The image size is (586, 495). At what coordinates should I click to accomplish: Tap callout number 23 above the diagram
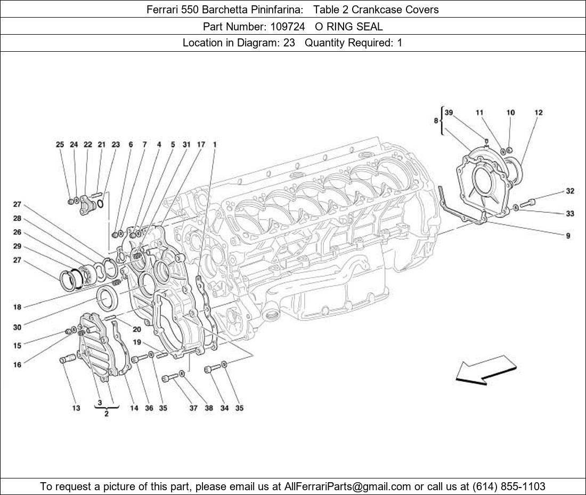pos(116,145)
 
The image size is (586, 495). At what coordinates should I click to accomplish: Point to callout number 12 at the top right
pos(539,113)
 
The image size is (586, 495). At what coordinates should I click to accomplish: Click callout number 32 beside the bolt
pos(570,191)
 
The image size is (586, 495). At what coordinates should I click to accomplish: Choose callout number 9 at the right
pos(568,236)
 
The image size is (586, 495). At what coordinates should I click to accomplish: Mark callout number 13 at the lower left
pos(76,408)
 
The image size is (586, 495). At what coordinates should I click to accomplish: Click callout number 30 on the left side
pos(17,328)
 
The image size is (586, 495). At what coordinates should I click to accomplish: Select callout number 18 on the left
pos(17,307)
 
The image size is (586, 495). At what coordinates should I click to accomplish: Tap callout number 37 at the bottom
pos(193,408)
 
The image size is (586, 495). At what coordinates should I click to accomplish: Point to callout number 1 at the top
pos(214,145)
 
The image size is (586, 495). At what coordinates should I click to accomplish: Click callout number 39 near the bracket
pos(449,113)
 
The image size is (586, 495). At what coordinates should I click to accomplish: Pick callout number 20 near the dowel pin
pos(137,329)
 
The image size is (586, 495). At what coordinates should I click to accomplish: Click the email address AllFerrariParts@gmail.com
pos(348,486)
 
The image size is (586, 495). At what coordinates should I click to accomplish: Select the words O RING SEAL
pos(349,26)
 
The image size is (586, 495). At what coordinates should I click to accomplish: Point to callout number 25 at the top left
pos(60,145)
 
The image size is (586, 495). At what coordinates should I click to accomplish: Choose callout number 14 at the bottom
pos(134,408)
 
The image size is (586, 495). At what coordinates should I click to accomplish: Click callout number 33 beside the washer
pos(570,214)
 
